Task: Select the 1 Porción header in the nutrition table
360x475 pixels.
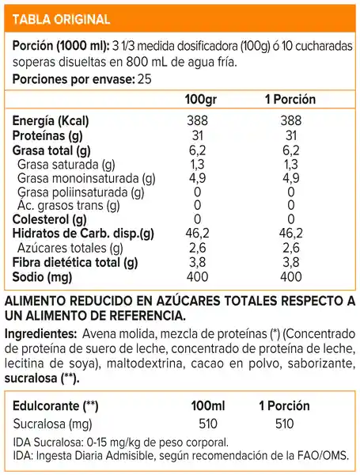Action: click(x=290, y=101)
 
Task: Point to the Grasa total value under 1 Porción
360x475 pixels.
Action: click(x=291, y=150)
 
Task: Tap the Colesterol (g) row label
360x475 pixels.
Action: click(x=48, y=219)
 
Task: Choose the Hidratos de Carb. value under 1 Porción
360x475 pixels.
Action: click(x=291, y=234)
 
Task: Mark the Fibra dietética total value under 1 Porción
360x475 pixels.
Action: click(x=291, y=262)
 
